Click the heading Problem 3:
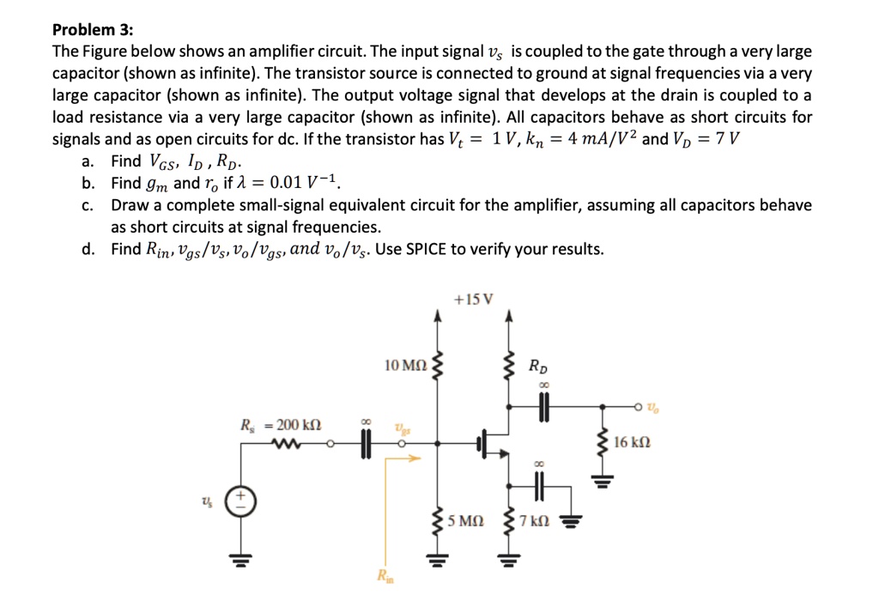pos(93,29)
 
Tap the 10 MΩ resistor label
pos(406,367)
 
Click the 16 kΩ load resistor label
pos(633,443)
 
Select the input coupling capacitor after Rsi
pos(366,444)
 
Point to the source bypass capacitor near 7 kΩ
pos(541,486)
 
